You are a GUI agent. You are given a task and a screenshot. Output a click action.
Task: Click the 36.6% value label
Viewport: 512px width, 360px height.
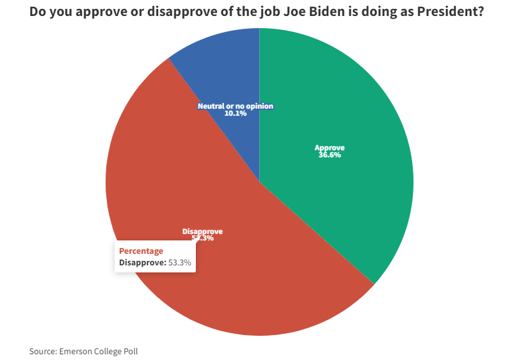[x=330, y=155]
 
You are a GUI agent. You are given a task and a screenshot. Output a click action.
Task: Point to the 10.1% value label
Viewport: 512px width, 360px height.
[x=236, y=114]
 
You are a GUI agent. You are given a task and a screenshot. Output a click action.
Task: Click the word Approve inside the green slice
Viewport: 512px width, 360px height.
[x=330, y=148]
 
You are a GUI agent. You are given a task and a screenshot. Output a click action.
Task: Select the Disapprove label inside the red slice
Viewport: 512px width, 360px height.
[x=202, y=231]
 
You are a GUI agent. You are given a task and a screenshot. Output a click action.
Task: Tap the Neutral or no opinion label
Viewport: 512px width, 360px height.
[x=236, y=106]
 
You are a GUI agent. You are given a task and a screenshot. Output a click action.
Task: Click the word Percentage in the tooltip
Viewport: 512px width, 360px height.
[x=141, y=251]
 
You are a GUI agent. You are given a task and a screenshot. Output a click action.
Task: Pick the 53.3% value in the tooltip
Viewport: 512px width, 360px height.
[x=180, y=262]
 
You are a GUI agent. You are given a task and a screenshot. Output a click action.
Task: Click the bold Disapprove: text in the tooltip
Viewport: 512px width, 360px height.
[x=143, y=262]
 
